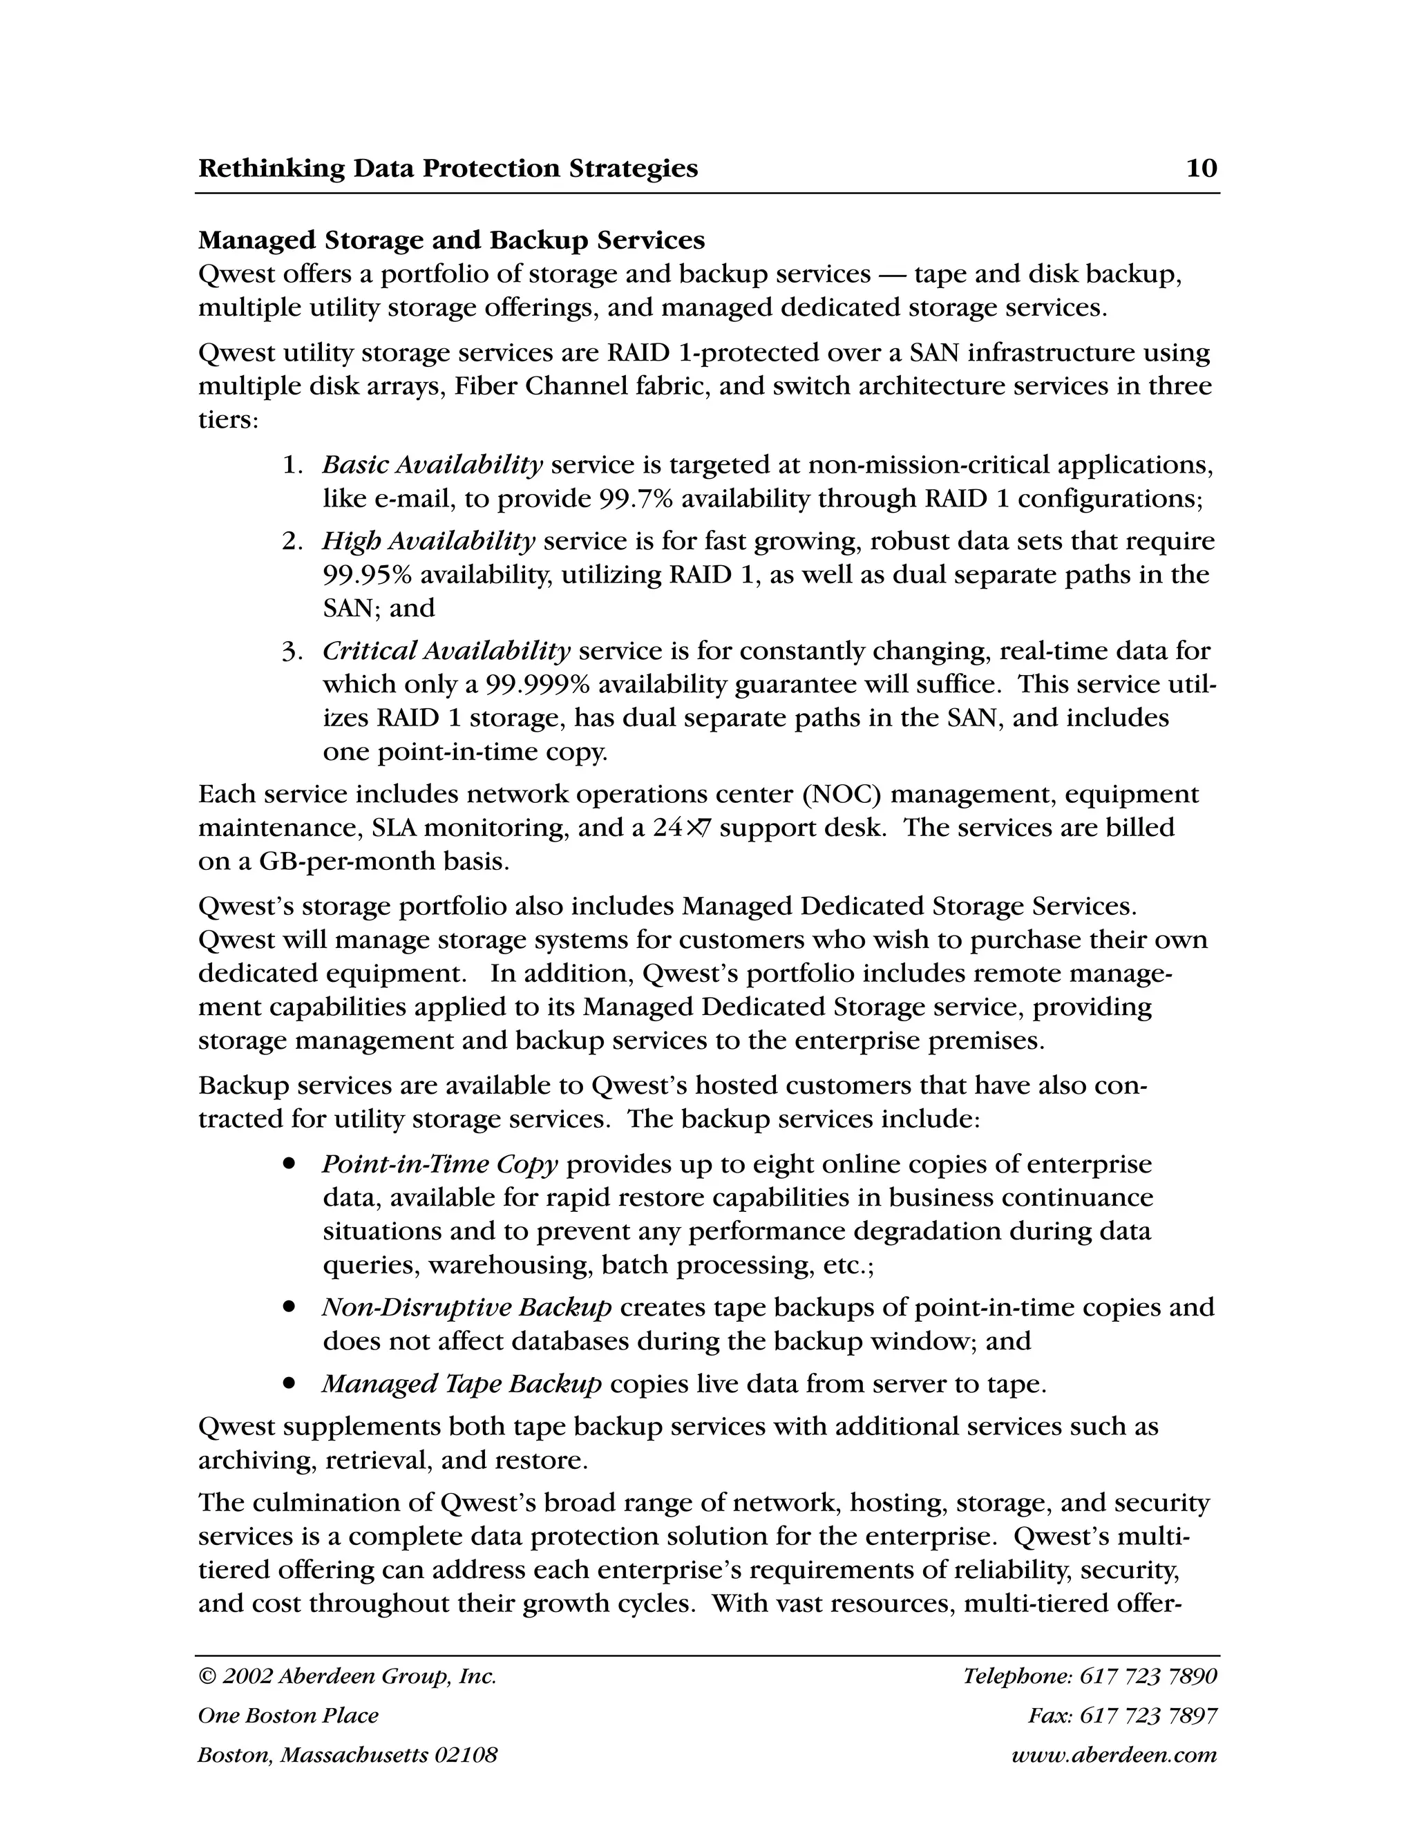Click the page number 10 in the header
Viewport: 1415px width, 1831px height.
point(1202,169)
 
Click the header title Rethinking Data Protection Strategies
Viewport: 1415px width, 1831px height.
point(448,169)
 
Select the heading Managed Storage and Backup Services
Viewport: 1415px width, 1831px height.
point(451,240)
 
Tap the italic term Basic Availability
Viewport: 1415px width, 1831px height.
point(433,464)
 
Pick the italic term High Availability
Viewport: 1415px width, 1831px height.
point(428,541)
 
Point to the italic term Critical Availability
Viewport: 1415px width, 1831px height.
point(446,651)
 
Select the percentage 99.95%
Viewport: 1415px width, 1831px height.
point(366,575)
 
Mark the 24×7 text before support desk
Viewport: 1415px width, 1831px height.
point(681,828)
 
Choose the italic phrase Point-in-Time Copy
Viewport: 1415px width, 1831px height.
point(440,1164)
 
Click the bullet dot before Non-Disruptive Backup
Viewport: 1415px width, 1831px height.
point(289,1307)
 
